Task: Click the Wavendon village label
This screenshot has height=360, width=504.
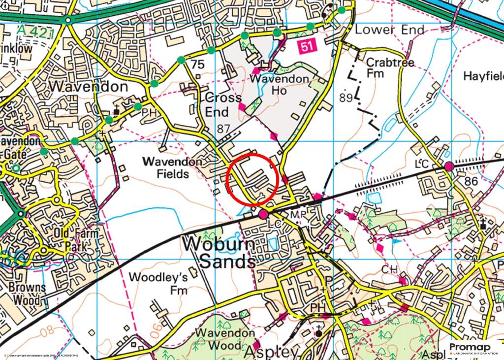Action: (89, 87)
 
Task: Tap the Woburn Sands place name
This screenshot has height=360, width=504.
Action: (219, 252)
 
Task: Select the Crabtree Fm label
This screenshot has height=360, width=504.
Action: (384, 69)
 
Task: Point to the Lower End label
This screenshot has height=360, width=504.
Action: (389, 30)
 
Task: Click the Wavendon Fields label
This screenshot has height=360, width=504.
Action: (166, 167)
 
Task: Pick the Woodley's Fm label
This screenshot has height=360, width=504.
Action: (158, 283)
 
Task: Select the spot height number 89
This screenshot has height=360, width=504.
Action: (346, 98)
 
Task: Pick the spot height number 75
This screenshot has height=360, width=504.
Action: (197, 65)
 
